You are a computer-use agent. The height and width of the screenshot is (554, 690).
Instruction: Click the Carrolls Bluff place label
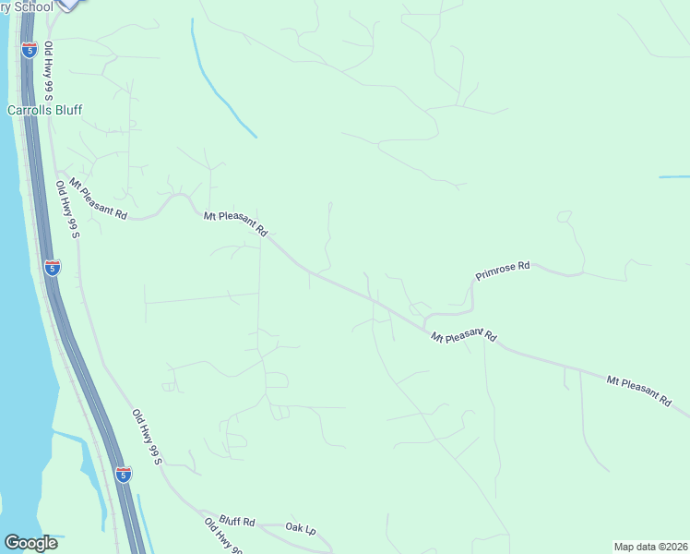tap(45, 110)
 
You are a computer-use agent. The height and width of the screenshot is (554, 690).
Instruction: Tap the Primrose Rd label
tap(503, 271)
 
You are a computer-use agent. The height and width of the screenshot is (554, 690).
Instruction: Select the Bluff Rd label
tap(237, 522)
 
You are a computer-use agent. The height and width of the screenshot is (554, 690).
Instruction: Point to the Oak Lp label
tap(301, 529)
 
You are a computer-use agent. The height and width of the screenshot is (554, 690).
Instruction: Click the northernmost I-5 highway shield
tap(30, 50)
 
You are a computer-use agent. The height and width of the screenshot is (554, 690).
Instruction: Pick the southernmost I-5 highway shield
tap(124, 475)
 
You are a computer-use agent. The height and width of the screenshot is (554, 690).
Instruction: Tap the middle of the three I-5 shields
tap(53, 268)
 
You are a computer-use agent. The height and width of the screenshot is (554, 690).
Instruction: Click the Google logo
tap(31, 542)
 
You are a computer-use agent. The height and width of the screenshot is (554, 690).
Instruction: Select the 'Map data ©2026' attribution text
tap(650, 547)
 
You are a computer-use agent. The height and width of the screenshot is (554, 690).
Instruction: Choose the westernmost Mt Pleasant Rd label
tap(96, 199)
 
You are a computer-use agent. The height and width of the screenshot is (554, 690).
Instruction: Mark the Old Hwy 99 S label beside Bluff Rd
tap(222, 536)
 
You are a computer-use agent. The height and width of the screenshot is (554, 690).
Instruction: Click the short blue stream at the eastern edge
tap(674, 176)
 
